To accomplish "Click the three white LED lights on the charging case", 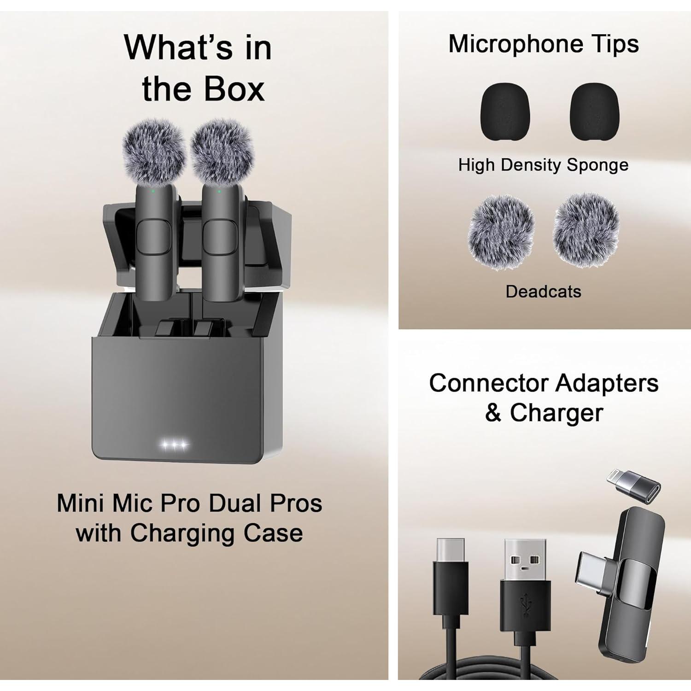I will pyautogui.click(x=174, y=445).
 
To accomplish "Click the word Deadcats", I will pyautogui.click(x=543, y=292).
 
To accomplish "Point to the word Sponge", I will pyautogui.click(x=597, y=165).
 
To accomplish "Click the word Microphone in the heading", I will pyautogui.click(x=512, y=45).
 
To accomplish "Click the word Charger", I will pyautogui.click(x=556, y=412).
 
